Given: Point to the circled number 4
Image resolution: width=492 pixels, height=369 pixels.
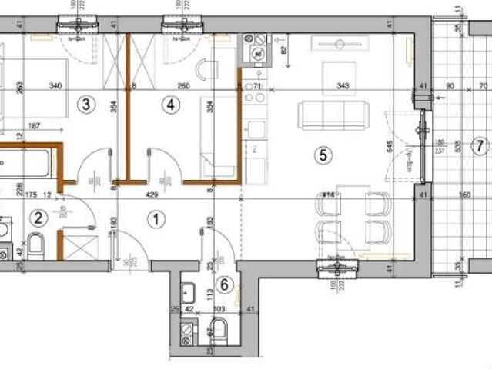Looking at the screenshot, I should [170, 105].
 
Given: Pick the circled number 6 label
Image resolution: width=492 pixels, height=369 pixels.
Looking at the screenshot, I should [224, 285].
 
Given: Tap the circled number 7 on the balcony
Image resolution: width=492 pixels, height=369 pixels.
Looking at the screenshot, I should [479, 145].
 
